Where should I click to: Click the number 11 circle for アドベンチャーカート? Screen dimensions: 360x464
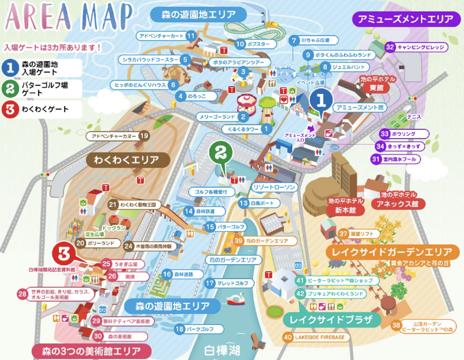click(191, 36)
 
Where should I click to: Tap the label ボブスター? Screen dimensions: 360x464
click(258, 44)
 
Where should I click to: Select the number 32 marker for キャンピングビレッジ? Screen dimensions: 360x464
click(390, 47)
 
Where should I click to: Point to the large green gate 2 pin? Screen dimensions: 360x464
click(221, 153)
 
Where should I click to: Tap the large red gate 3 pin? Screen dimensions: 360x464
click(64, 254)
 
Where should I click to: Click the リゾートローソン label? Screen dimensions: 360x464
click(274, 187)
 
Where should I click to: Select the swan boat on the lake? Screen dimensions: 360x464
click(235, 298)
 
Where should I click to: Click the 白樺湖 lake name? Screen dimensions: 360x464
click(222, 350)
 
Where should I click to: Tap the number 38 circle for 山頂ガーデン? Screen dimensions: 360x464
click(396, 325)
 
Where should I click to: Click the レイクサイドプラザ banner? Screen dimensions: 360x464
click(331, 320)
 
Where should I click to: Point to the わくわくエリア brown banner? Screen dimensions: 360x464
click(127, 160)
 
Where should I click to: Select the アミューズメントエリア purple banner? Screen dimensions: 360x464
click(405, 19)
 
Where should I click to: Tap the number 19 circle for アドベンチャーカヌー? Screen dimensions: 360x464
click(144, 136)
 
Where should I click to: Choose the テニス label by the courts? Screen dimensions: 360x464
click(414, 117)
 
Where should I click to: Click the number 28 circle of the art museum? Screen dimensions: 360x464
click(22, 294)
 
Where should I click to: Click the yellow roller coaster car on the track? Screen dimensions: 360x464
click(271, 24)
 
